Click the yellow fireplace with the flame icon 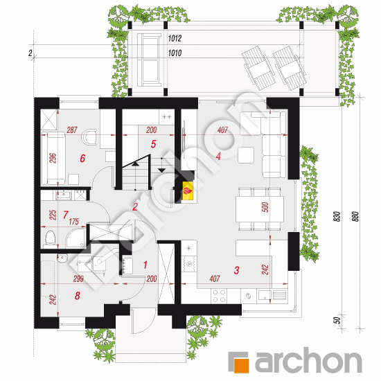coord(188,191)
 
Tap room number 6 coord(82,159)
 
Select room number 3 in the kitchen coord(236,270)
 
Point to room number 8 coord(78,296)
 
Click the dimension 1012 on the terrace coord(175,38)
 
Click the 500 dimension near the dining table coord(265,207)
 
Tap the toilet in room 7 coord(51,238)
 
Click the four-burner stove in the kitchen coord(219,296)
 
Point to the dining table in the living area coord(260,209)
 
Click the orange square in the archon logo coord(241,365)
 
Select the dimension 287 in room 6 coord(72,130)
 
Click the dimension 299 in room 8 coord(78,278)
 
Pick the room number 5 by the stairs coord(153,144)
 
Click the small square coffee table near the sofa coord(246,155)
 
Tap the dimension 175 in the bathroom coord(73,222)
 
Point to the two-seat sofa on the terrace coord(149,60)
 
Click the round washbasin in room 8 coord(62,258)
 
